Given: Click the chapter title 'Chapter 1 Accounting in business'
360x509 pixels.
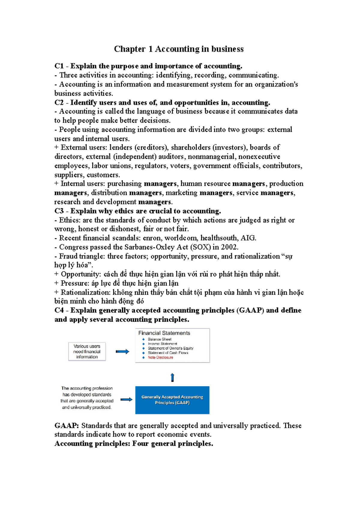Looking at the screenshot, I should point(178,49).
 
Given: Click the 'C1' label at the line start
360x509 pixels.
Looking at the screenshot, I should point(59,66).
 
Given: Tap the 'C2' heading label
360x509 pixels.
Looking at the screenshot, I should point(59,103).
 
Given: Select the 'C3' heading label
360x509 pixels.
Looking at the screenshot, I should point(59,211).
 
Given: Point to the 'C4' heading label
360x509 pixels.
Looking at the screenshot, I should point(59,310).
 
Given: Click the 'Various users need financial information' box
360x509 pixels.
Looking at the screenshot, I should point(87,351).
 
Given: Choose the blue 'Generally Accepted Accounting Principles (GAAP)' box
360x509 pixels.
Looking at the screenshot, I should point(172,400).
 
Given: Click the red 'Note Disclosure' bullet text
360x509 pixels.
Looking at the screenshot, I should point(160,357).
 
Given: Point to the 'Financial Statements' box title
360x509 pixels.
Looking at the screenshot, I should point(164,333).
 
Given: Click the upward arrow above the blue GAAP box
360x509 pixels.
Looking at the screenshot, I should point(172,377).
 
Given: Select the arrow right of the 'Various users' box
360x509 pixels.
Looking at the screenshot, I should point(122,351).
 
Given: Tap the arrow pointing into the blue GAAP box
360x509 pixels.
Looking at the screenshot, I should point(127,399).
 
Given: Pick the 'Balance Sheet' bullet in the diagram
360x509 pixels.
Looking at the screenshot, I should point(159,339).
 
